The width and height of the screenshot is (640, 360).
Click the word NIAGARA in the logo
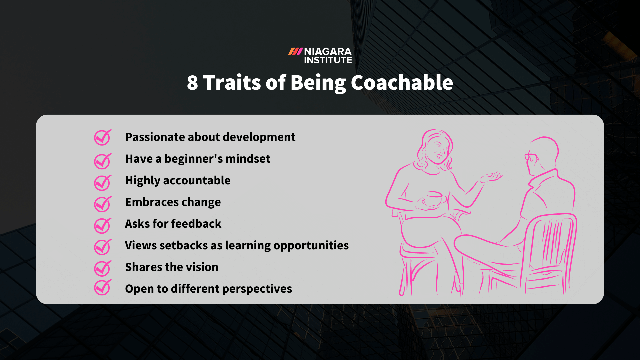[x=328, y=52]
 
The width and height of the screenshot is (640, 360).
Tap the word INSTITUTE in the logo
[x=328, y=60]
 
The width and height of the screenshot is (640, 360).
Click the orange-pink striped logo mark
[x=295, y=51]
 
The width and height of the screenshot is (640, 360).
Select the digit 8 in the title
[x=192, y=83]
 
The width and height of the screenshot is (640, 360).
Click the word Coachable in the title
[x=402, y=83]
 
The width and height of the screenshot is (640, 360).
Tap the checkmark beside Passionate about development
[x=102, y=137]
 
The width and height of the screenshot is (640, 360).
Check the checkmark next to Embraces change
[x=102, y=204]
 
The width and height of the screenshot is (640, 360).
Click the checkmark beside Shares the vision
[x=102, y=268]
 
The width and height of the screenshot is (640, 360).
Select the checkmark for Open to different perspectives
[x=102, y=287]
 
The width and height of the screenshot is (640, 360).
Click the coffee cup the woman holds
[x=433, y=198]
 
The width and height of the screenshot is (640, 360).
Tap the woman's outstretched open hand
[x=491, y=177]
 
